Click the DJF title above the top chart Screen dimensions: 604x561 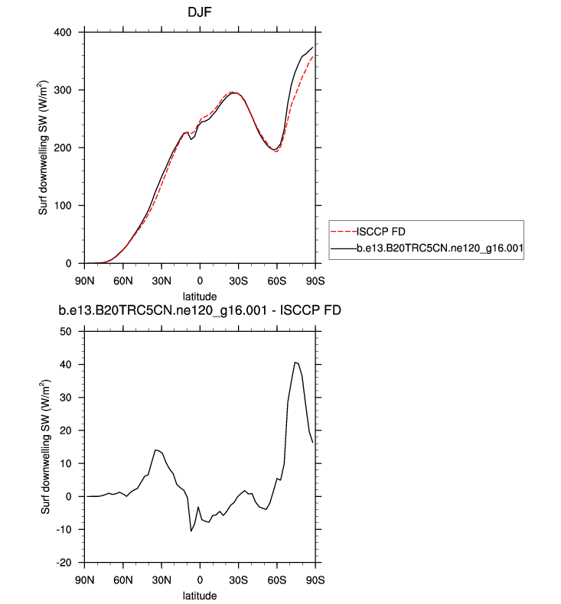pos(199,12)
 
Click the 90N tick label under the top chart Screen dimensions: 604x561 pos(85,279)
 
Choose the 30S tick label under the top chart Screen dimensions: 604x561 pos(238,279)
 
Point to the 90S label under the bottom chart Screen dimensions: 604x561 pos(315,579)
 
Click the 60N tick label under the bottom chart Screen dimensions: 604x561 pos(123,579)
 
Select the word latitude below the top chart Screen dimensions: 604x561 pos(199,296)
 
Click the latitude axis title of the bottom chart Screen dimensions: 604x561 pos(199,595)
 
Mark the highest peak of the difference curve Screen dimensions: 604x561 pos(295,362)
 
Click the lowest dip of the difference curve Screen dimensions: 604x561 pos(191,531)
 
